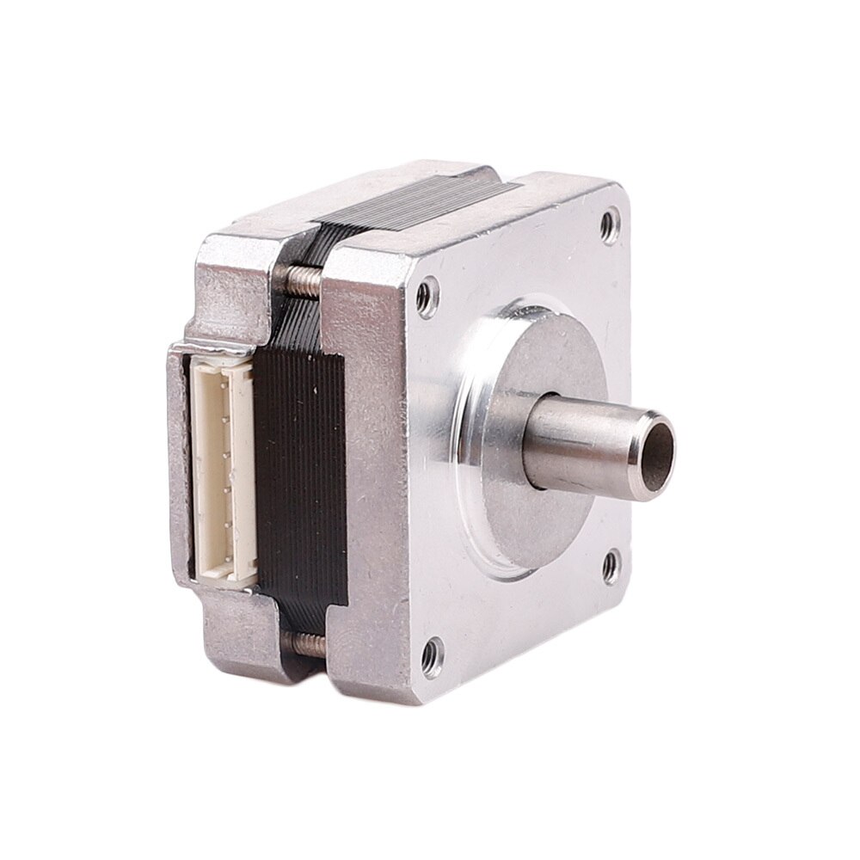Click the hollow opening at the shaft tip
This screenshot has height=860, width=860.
click(x=656, y=446)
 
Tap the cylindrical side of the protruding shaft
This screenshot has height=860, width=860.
click(x=585, y=439)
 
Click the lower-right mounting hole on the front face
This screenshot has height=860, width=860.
click(x=610, y=564)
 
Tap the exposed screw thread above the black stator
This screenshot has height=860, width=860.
click(x=300, y=276)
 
